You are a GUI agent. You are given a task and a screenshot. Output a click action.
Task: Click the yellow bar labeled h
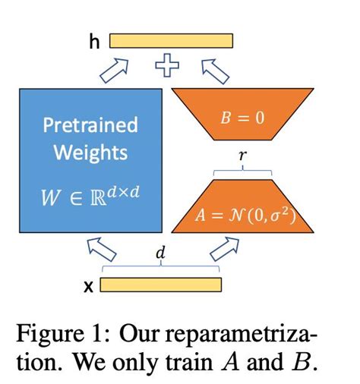[172, 41]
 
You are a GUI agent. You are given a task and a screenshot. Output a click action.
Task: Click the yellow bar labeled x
[160, 285]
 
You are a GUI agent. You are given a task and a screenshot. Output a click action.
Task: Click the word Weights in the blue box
[90, 153]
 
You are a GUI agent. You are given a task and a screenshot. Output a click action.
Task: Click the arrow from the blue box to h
[115, 69]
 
